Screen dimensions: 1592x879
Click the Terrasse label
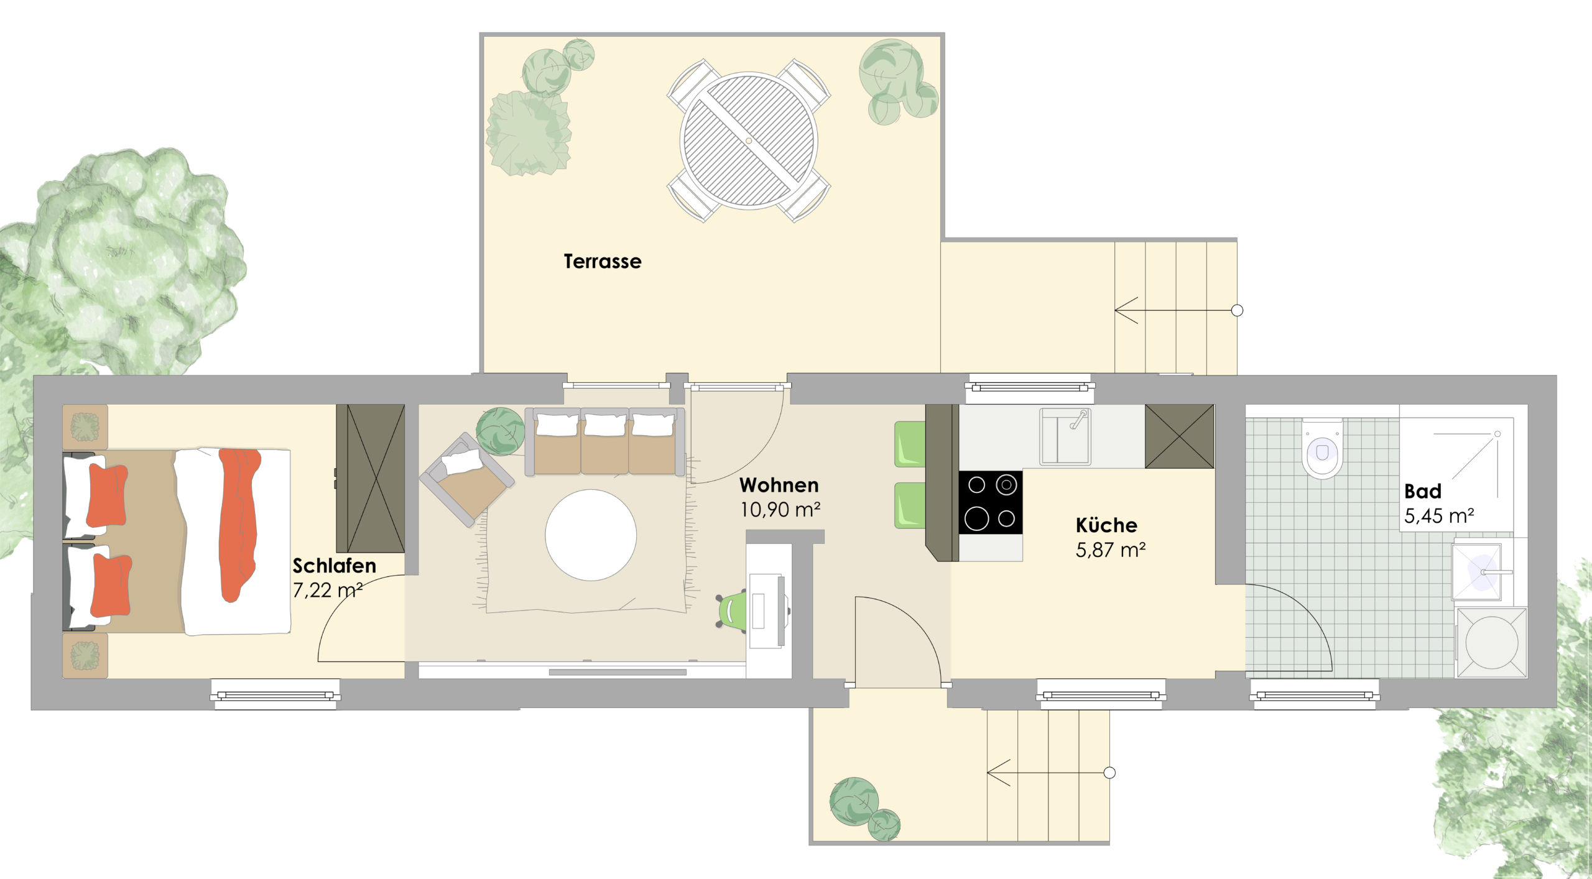tap(602, 262)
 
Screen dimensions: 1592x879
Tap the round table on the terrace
tap(749, 140)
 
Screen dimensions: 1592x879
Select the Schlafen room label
tap(335, 566)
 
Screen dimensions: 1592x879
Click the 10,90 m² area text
tap(780, 510)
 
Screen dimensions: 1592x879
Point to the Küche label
tap(1106, 525)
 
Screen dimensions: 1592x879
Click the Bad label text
tap(1423, 492)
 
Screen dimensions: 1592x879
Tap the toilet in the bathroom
tap(1322, 449)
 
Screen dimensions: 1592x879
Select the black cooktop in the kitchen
tap(991, 502)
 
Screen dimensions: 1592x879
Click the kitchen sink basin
tap(1065, 436)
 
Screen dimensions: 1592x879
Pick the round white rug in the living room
tap(591, 535)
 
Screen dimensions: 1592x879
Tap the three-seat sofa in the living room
tap(605, 441)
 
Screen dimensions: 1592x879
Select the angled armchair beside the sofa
tap(466, 479)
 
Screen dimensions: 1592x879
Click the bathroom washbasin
tap(1483, 572)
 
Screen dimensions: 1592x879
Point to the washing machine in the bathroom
tap(1492, 643)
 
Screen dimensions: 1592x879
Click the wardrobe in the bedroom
tap(371, 478)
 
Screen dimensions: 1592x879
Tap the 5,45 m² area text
tap(1439, 517)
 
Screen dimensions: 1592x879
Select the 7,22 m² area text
tap(328, 591)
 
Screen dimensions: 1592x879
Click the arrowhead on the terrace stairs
tap(1125, 310)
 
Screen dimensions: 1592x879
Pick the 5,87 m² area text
tap(1111, 550)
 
